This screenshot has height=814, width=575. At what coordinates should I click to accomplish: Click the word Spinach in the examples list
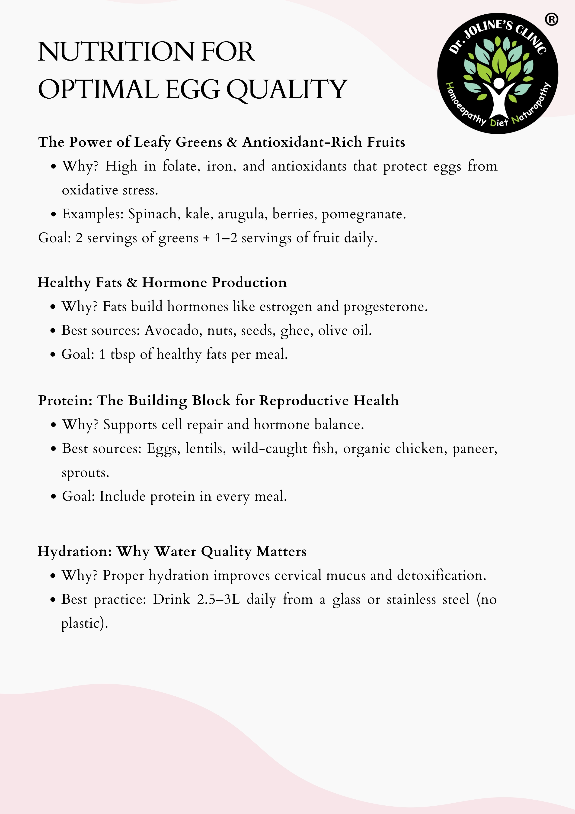[x=152, y=214]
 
